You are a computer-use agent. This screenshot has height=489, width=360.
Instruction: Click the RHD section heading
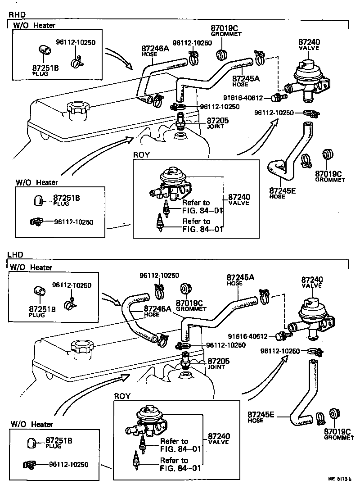(16, 15)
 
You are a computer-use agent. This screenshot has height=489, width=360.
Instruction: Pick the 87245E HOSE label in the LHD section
(261, 417)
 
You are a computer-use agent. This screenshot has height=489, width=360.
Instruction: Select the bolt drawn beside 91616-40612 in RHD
(275, 98)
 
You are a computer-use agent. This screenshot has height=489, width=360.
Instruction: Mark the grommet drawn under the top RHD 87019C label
(221, 55)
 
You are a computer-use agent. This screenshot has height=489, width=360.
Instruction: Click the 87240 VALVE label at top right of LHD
(312, 282)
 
